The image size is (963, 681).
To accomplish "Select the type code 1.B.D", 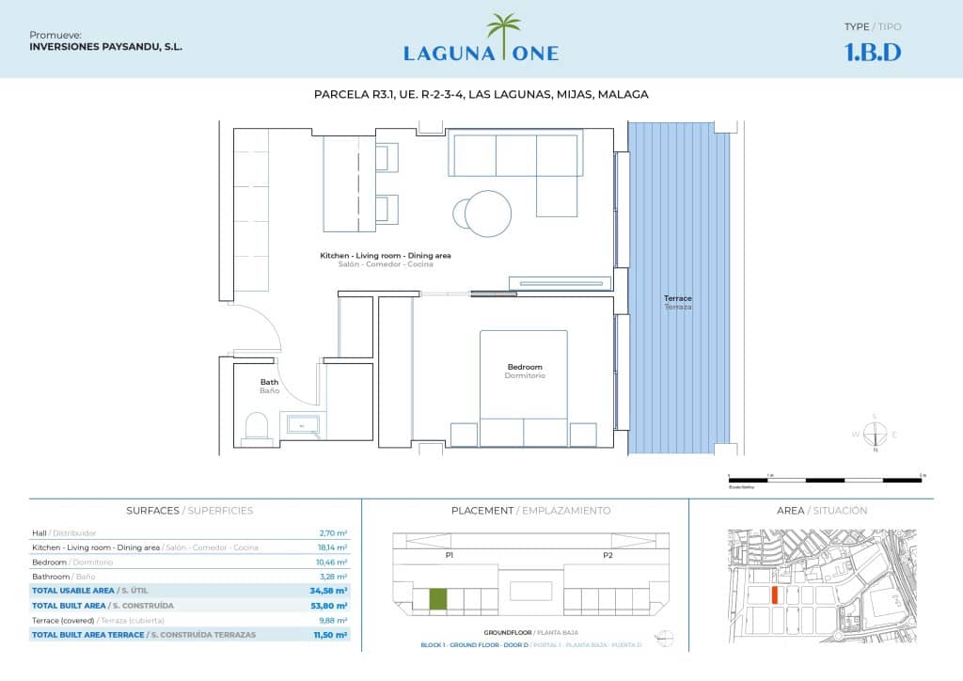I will coord(873,53).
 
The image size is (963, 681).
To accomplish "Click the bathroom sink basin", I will coord(304,426).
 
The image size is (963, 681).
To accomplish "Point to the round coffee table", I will coord(488,214).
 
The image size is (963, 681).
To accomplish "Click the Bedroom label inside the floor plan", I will coord(524,367).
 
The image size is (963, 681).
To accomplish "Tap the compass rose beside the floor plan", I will coord(875,434).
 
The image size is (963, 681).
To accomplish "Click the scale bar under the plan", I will coord(825,480).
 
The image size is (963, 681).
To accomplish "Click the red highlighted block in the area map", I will coord(774,594).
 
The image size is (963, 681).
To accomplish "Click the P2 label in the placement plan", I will coord(608,556).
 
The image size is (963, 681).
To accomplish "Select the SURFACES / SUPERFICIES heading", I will coord(189,511).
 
